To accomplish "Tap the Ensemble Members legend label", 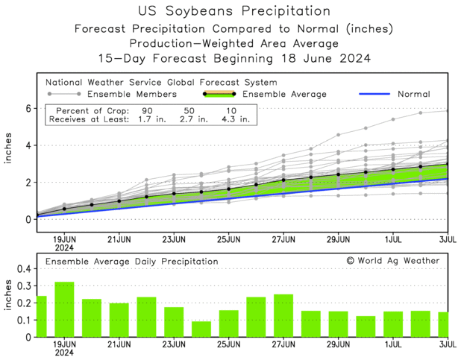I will click(132, 95).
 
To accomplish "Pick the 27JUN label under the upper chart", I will click(283, 240).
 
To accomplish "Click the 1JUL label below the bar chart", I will click(393, 347).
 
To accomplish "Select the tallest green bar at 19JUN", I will click(64, 309).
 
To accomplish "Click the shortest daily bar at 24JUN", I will click(201, 329).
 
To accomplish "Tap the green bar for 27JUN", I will click(283, 315).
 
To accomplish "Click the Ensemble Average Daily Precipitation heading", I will click(131, 262).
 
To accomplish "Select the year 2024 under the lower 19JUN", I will click(64, 355).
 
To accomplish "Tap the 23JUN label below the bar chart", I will click(174, 347).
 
